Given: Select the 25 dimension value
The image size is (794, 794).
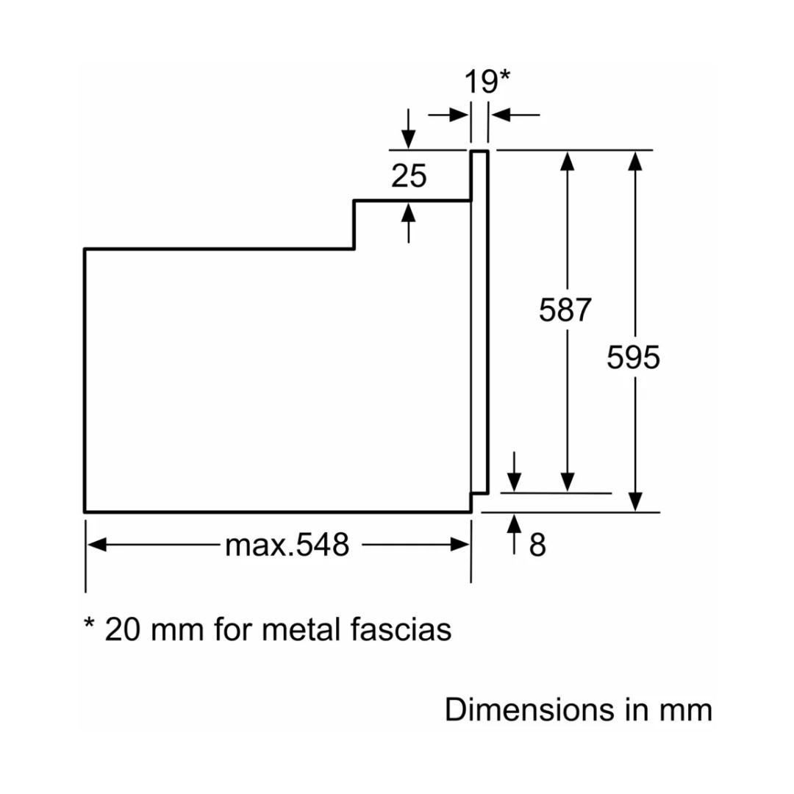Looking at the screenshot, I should [x=409, y=176].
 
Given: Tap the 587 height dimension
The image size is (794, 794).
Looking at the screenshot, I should [x=565, y=310].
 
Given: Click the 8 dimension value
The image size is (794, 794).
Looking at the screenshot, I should [x=537, y=546].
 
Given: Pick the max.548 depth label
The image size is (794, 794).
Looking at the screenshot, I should [x=287, y=546].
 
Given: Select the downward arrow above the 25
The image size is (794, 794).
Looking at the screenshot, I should [x=409, y=140].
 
